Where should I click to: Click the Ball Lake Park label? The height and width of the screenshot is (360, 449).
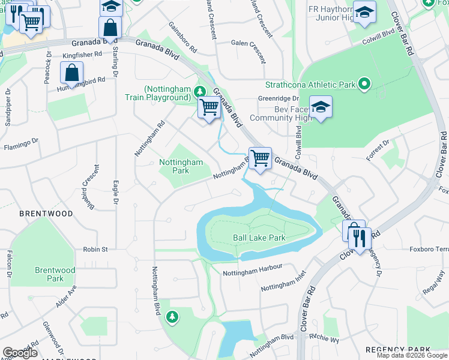[x=259, y=238]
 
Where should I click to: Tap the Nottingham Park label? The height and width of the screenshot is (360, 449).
[x=181, y=166]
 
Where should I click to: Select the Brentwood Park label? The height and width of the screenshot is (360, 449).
[x=55, y=274]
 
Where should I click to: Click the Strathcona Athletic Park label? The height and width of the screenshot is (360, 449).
[x=310, y=85]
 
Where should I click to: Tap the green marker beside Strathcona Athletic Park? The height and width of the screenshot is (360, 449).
[x=364, y=85]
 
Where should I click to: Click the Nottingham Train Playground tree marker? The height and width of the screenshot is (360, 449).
[x=199, y=92]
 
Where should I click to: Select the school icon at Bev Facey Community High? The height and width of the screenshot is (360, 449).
[x=321, y=107]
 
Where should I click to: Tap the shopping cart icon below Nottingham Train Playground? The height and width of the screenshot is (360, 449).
[x=209, y=107]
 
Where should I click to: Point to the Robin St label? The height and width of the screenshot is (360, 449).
[x=95, y=249]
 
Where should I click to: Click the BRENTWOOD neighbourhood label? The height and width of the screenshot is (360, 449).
[x=46, y=214]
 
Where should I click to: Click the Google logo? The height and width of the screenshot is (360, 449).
[x=20, y=353]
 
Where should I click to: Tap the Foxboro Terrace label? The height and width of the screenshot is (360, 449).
[x=428, y=248]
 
